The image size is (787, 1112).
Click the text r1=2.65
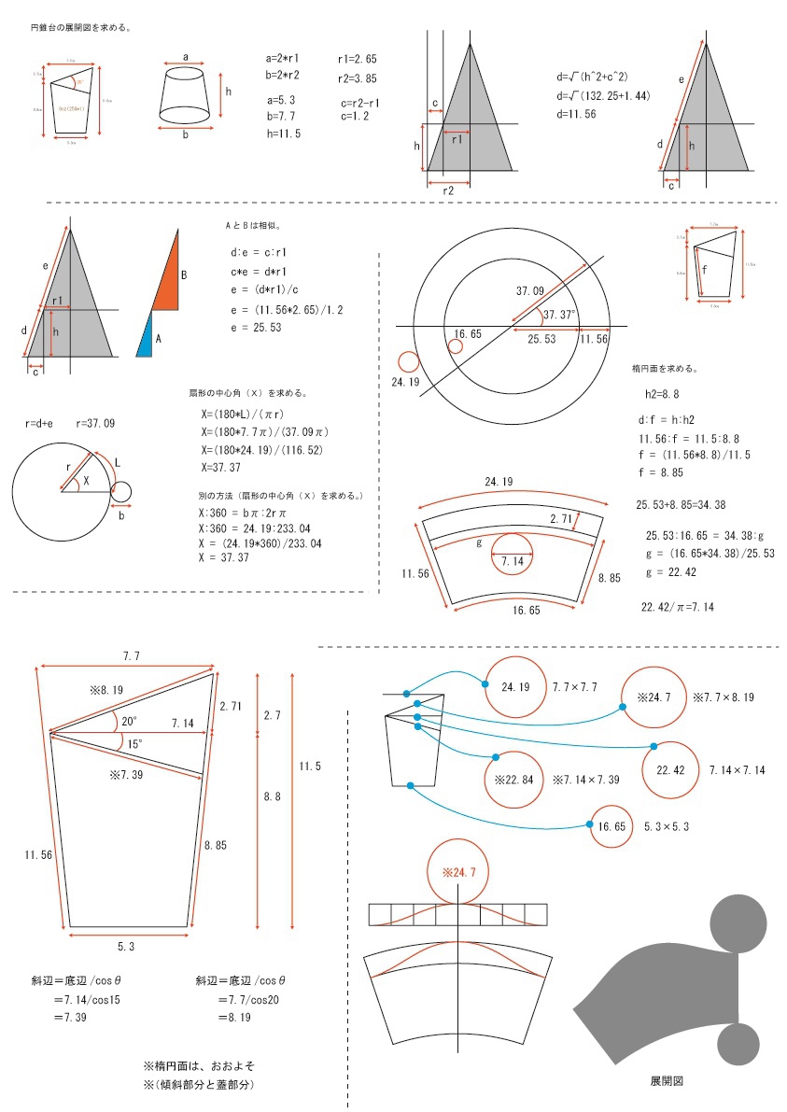(x=358, y=59)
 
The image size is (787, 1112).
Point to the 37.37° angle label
(x=561, y=314)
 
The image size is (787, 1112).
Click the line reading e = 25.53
(x=256, y=327)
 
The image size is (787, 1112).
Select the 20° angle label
(x=129, y=721)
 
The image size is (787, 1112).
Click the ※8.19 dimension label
(x=107, y=691)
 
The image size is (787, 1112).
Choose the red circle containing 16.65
(x=611, y=826)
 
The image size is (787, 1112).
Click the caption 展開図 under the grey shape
(x=667, y=1080)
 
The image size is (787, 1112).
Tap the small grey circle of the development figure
(x=738, y=1043)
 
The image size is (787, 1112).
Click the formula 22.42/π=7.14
(x=678, y=607)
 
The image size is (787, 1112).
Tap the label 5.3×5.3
(x=667, y=826)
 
